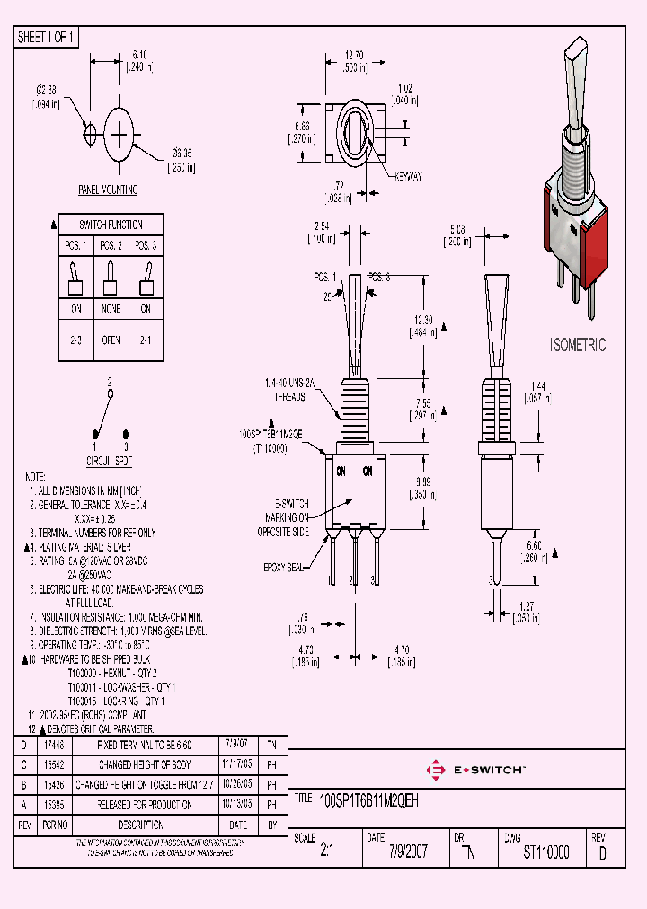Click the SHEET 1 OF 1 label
point(47,37)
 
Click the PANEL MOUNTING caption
point(108,190)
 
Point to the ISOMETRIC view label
point(577,345)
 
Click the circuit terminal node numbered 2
point(110,393)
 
